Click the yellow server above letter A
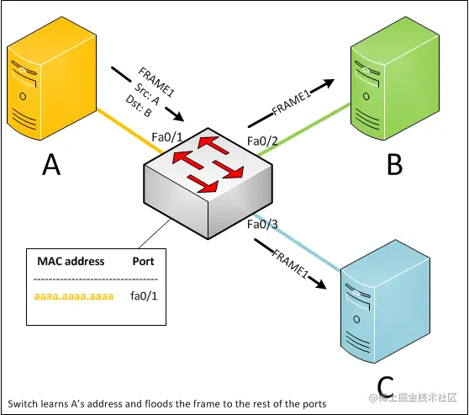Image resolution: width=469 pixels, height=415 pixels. pyautogui.click(x=51, y=78)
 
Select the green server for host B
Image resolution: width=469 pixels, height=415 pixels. pyautogui.click(x=395, y=78)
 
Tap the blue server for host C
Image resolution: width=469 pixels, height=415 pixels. pyautogui.click(x=385, y=301)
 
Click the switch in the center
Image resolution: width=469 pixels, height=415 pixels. pyautogui.click(x=208, y=184)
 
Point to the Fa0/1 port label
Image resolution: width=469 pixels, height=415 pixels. pyautogui.click(x=167, y=137)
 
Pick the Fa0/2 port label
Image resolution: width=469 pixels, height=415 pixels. pyautogui.click(x=262, y=141)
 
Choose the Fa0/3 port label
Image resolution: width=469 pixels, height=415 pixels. pyautogui.click(x=262, y=224)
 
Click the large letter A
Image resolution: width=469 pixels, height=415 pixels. pyautogui.click(x=51, y=164)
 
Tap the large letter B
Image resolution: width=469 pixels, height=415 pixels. pyautogui.click(x=394, y=164)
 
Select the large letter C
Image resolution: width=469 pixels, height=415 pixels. pyautogui.click(x=385, y=386)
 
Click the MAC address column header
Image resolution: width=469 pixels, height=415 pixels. pyautogui.click(x=71, y=261)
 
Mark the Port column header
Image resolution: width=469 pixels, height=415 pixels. pyautogui.click(x=143, y=261)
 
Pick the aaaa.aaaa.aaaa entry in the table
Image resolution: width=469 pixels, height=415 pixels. pyautogui.click(x=74, y=296)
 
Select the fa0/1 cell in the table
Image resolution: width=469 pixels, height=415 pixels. pyautogui.click(x=144, y=295)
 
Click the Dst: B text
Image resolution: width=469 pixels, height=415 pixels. pyautogui.click(x=139, y=106)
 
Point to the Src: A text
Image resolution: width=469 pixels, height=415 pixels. pyautogui.click(x=146, y=94)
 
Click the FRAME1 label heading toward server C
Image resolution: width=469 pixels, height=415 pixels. pyautogui.click(x=290, y=263)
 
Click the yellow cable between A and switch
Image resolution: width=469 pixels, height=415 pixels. pyautogui.click(x=129, y=131)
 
